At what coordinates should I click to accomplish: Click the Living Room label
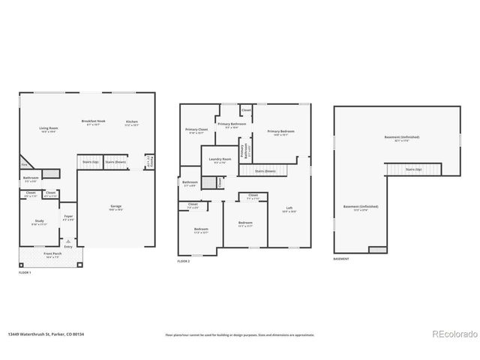[x=49, y=129]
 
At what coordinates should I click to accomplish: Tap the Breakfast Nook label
[x=93, y=121]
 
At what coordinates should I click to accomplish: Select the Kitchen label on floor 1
[x=132, y=122]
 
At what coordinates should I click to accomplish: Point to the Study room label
[x=39, y=221]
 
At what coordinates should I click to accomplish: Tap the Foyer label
[x=68, y=217]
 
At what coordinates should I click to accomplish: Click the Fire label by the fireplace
[x=24, y=165]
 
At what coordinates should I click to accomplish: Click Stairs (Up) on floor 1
[x=90, y=161]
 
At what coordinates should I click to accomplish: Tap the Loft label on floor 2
[x=289, y=208]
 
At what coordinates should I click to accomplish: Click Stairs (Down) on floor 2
[x=265, y=170]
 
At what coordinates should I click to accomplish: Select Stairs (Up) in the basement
[x=413, y=169]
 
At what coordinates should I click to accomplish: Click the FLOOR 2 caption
[x=184, y=261]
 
